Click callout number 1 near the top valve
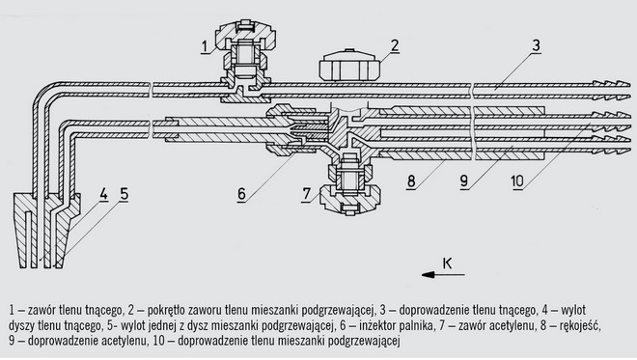(206, 46)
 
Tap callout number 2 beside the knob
(395, 45)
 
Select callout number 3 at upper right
(537, 45)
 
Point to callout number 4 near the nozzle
(104, 194)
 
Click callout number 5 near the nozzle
(124, 194)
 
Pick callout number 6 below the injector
(241, 194)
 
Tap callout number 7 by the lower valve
(307, 194)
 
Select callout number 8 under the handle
(411, 181)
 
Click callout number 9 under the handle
(464, 181)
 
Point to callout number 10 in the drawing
(517, 181)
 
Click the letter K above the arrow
(447, 263)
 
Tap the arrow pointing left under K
(443, 275)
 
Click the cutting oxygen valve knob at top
(244, 36)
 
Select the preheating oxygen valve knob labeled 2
(349, 66)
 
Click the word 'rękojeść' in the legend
(579, 325)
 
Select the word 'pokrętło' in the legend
(166, 311)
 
